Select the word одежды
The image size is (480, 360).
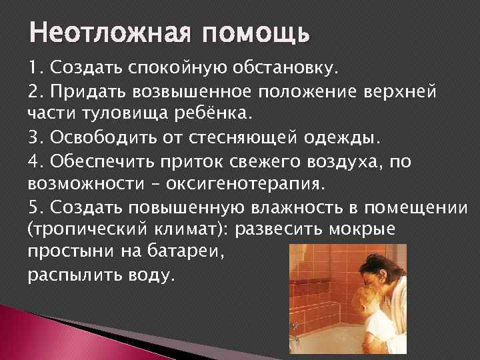point(340,137)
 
